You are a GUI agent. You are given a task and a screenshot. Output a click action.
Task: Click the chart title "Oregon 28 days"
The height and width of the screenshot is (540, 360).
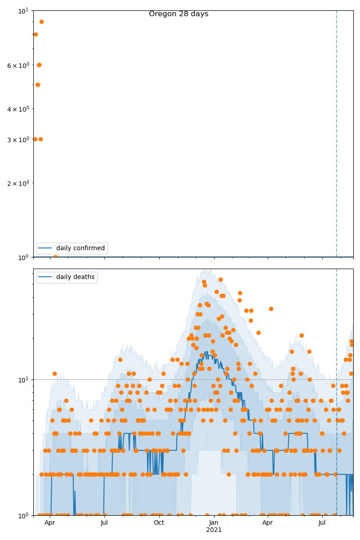179,14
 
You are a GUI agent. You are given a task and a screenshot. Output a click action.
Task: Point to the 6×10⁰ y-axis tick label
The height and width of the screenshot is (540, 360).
18,65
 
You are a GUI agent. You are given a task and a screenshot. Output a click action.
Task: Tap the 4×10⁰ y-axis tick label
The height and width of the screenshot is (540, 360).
18,109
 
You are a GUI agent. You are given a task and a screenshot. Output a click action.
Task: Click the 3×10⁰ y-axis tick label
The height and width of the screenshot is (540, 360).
18,139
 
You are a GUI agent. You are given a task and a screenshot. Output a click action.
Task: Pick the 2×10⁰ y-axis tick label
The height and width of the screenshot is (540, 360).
18,183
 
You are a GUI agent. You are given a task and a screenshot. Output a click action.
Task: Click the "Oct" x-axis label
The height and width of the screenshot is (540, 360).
159,523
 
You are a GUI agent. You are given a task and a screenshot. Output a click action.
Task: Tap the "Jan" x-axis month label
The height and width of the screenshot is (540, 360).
214,523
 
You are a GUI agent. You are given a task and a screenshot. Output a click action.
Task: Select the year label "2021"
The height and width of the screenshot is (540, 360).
214,530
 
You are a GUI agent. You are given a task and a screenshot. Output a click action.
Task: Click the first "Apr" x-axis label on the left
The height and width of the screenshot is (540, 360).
49,523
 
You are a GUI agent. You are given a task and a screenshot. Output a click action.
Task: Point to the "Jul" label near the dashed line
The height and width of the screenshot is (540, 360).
322,523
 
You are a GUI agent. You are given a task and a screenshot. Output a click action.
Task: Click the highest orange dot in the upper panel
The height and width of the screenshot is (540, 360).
41,22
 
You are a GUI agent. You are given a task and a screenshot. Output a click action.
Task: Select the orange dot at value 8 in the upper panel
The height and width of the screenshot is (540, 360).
36,34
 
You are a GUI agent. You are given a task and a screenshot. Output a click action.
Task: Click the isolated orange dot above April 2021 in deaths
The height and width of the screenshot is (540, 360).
271,309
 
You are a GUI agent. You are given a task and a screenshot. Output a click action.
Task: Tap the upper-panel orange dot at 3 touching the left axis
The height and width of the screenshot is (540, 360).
35,139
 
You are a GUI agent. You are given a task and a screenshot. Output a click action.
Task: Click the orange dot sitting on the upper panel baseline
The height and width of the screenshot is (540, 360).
55,257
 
